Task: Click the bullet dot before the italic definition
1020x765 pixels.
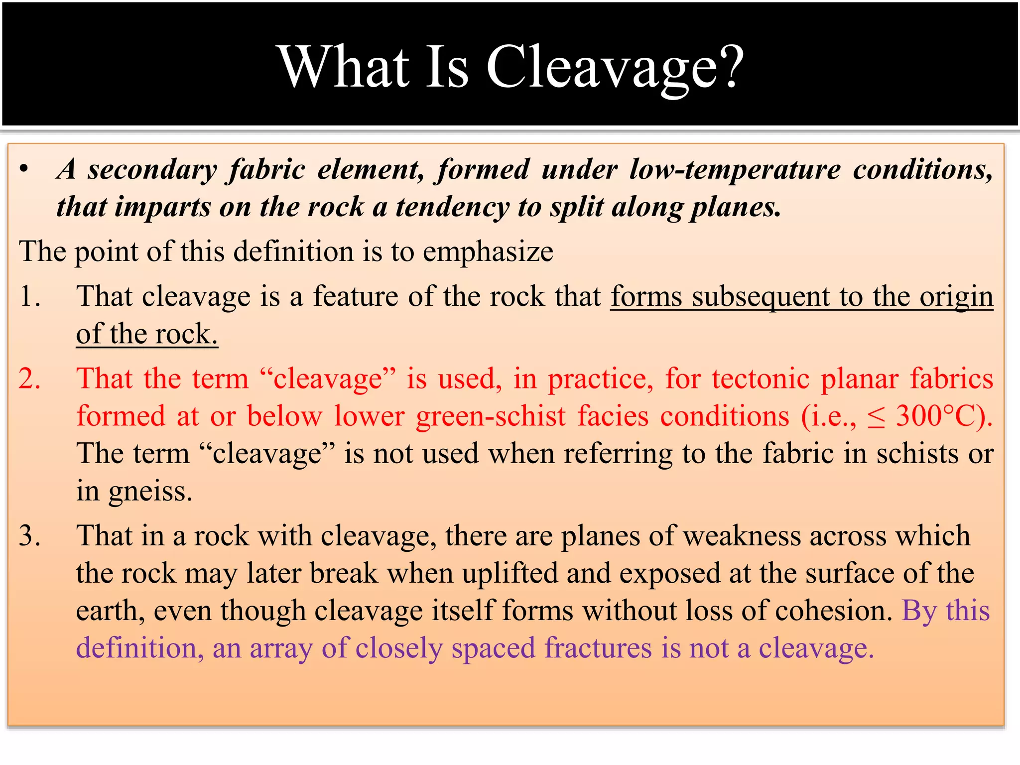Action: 24,169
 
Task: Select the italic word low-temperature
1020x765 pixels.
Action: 735,169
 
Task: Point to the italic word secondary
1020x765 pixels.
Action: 152,170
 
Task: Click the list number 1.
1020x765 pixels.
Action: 29,296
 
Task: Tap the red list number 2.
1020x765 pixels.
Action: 29,379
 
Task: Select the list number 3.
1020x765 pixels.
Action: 29,536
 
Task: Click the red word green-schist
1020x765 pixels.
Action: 491,416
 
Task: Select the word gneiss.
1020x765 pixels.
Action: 150,492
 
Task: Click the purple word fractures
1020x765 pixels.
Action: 598,648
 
